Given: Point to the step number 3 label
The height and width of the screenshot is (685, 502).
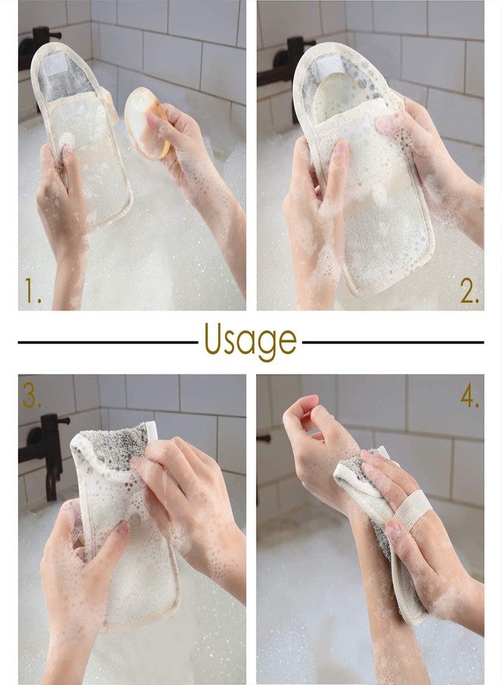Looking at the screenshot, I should click(31, 395).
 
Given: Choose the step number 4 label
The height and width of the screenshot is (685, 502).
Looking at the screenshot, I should click(470, 396).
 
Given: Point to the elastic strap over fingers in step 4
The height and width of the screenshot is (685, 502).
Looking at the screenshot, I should click(411, 511).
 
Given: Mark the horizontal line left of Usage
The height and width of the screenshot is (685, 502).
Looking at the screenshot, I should click(106, 342).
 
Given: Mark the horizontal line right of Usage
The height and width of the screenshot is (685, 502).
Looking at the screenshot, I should click(392, 342).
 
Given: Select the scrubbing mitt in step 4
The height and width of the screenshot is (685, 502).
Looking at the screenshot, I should click(380, 518).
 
